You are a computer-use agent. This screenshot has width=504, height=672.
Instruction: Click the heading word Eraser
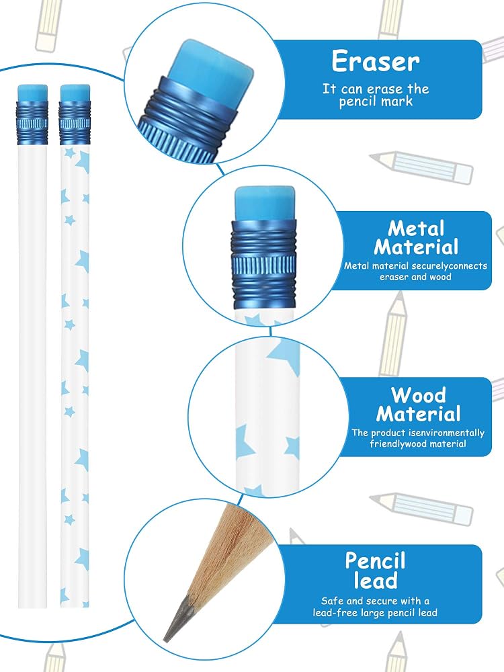376,61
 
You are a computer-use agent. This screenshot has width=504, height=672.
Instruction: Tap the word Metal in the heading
416,228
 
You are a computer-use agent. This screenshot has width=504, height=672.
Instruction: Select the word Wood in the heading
418,395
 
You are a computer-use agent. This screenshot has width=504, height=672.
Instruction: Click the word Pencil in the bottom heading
376,561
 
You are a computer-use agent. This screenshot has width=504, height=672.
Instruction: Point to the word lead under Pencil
376,581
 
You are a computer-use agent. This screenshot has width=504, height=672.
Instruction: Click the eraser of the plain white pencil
32,93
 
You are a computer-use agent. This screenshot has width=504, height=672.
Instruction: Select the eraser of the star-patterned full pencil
75,93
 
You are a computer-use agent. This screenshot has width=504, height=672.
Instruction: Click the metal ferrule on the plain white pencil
32,123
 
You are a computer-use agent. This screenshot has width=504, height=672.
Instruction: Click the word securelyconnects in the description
449,265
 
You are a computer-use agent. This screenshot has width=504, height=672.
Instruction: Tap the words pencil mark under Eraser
376,102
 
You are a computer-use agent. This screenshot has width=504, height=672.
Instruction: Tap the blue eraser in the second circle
265,203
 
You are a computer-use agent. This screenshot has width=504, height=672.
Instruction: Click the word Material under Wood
418,415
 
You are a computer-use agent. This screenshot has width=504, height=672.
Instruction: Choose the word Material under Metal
416,247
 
